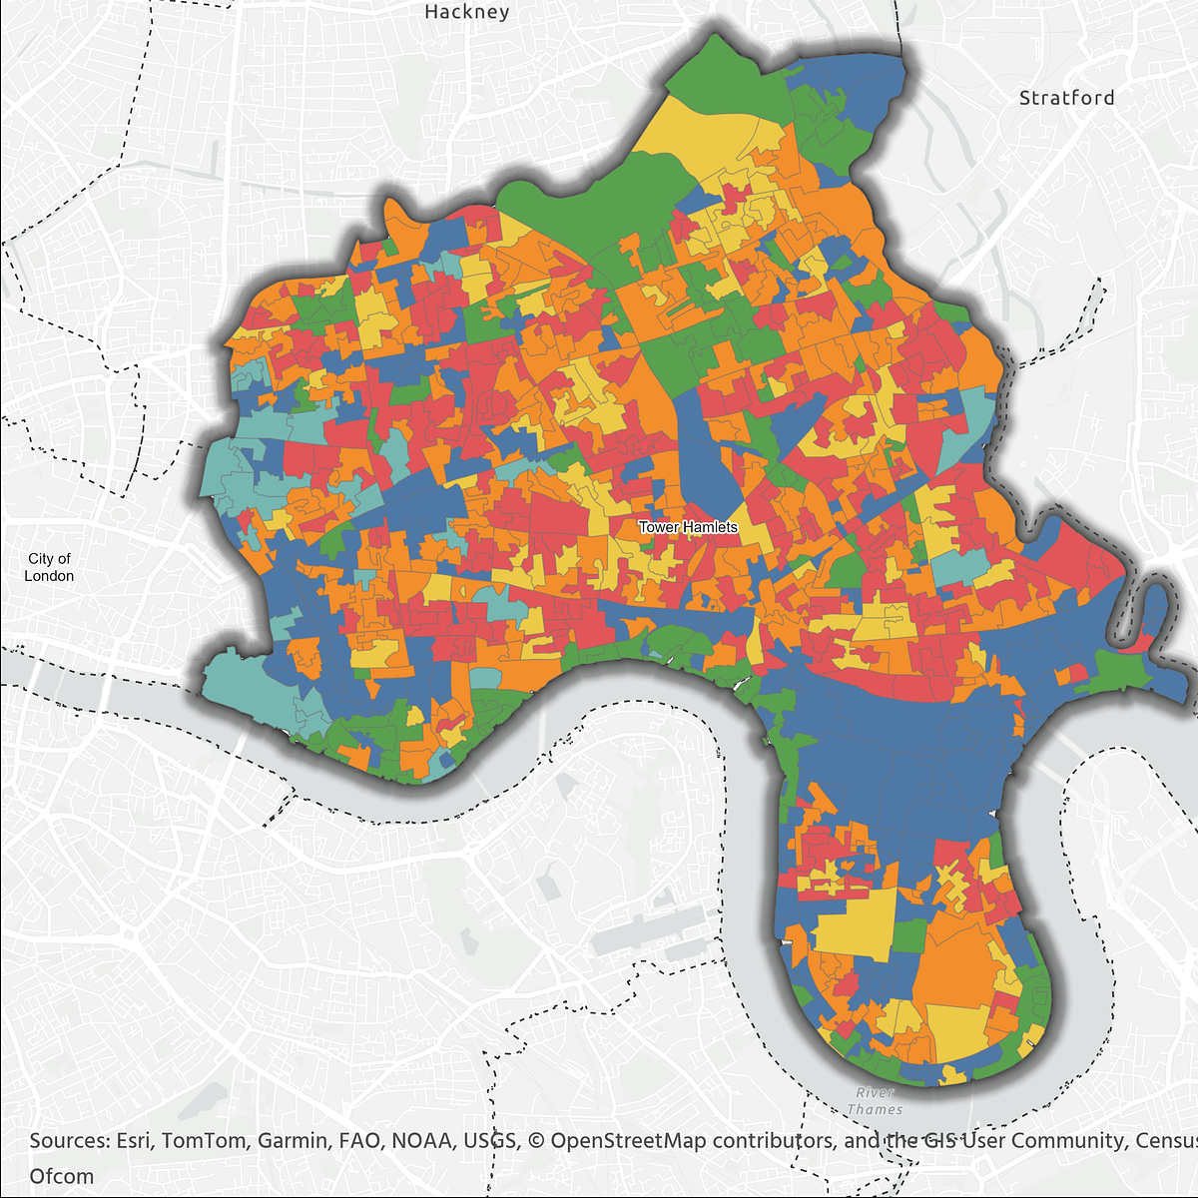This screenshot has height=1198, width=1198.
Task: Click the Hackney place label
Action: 466,12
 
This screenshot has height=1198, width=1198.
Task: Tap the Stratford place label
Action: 1066,98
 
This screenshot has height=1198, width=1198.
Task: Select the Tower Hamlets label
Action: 688,527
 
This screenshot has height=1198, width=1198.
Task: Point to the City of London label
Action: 49,567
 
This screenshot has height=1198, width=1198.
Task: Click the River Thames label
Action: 875,1101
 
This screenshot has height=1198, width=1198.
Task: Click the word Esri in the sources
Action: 133,1140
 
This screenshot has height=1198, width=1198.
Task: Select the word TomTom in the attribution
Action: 206,1140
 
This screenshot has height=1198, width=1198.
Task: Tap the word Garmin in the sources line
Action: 291,1140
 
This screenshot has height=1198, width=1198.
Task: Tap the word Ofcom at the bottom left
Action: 62,1176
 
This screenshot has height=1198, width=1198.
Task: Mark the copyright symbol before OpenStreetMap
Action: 536,1140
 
